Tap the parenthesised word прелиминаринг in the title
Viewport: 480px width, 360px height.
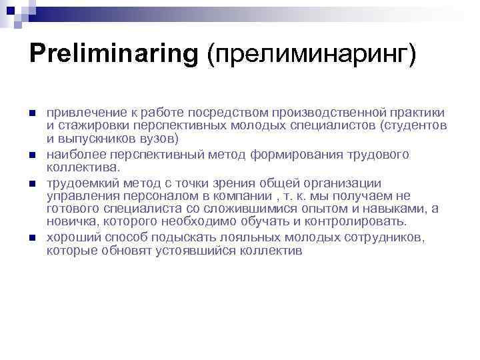coord(311,54)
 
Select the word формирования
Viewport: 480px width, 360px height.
coord(297,155)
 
